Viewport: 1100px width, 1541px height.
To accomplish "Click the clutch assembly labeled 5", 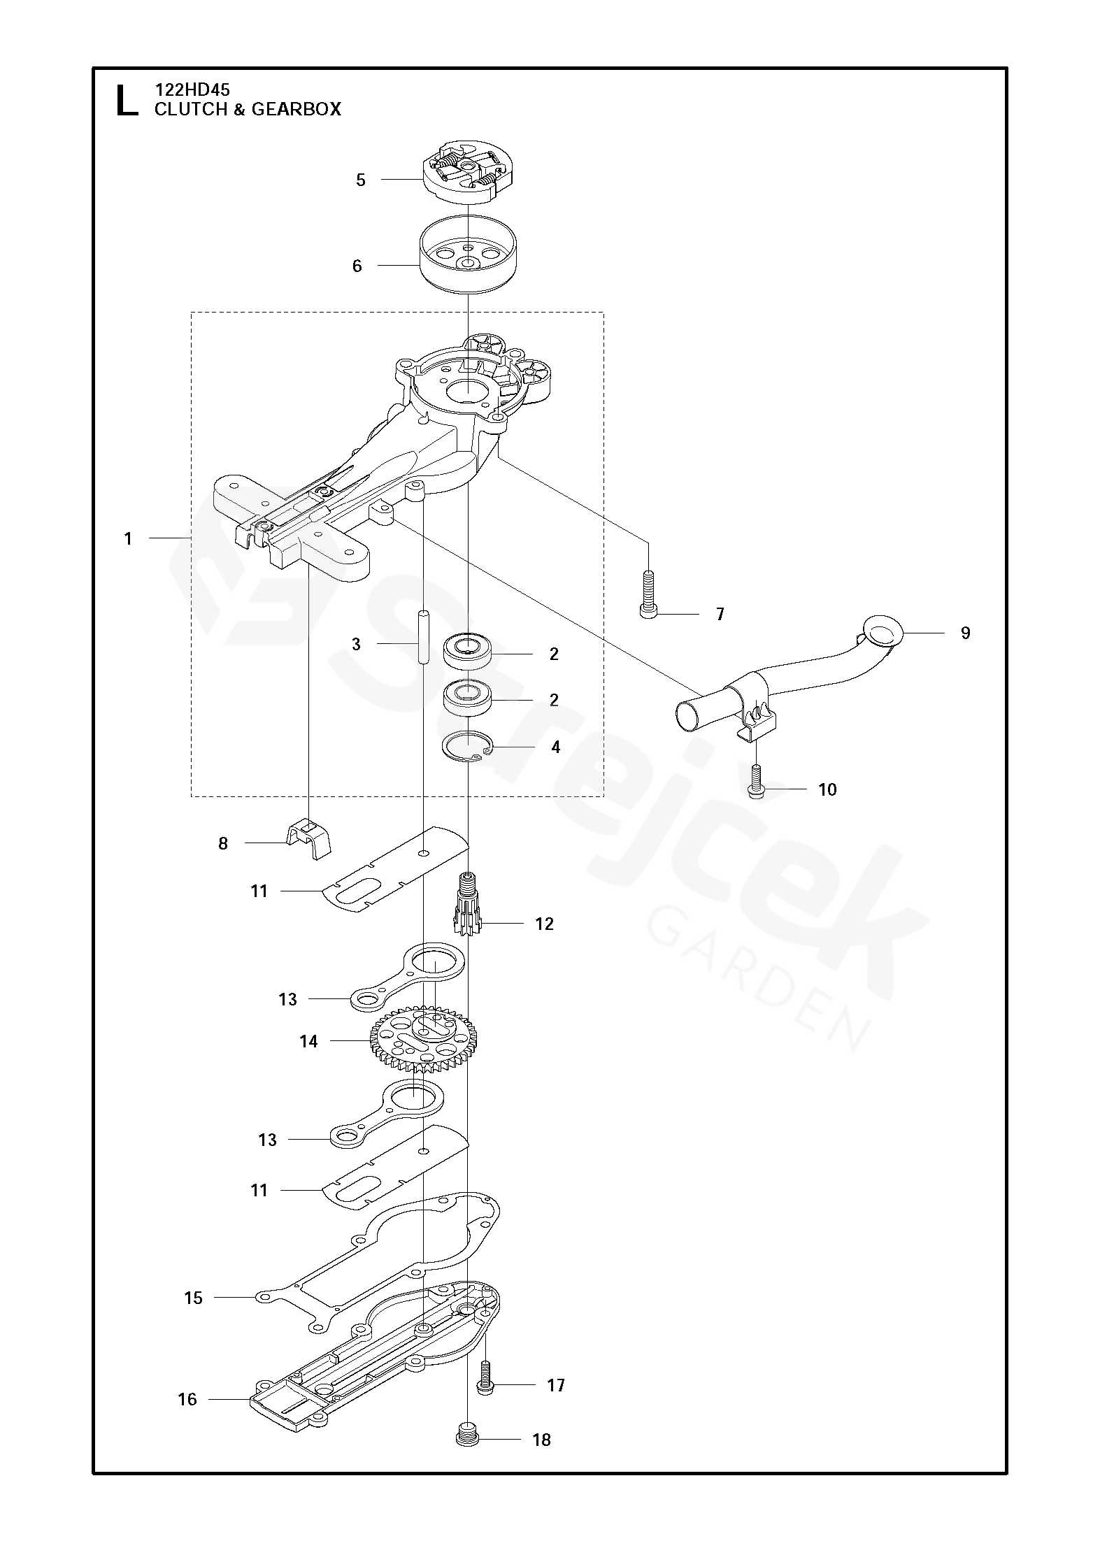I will click(x=468, y=172).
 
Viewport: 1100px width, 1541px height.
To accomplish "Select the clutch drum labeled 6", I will click(x=467, y=263).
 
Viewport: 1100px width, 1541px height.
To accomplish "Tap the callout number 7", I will click(x=720, y=615).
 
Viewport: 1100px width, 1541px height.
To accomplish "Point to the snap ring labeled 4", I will click(x=467, y=747).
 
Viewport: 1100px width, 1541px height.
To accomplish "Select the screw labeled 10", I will click(x=756, y=780).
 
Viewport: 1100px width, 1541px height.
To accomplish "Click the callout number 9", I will click(x=965, y=633).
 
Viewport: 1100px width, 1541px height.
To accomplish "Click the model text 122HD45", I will click(x=192, y=89).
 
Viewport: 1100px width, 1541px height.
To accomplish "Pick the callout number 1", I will click(x=128, y=538).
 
